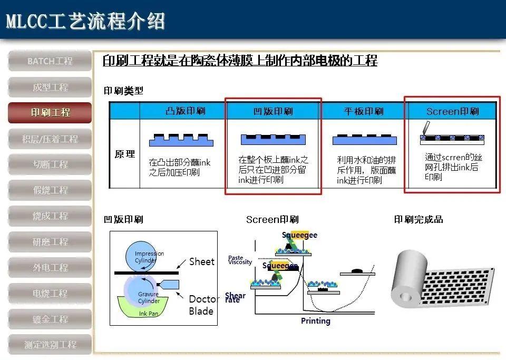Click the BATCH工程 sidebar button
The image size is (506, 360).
click(x=50, y=61)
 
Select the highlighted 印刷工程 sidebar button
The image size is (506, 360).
click(x=50, y=113)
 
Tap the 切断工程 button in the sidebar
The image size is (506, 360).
click(x=50, y=164)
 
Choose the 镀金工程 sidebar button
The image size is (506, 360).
click(x=50, y=319)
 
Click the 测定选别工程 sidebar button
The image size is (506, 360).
click(x=50, y=345)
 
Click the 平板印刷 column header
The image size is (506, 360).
click(x=363, y=111)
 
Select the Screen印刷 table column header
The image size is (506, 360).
click(x=452, y=111)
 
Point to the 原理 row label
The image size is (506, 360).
click(x=125, y=154)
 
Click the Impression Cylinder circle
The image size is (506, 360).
click(x=149, y=257)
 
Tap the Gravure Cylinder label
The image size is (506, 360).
click(x=149, y=298)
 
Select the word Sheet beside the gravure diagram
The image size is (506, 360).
click(x=202, y=262)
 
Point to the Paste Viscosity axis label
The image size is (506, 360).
click(x=240, y=260)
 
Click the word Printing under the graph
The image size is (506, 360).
click(x=315, y=321)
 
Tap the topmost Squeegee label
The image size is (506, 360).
click(x=299, y=235)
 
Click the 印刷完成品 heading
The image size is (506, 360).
click(x=419, y=220)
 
